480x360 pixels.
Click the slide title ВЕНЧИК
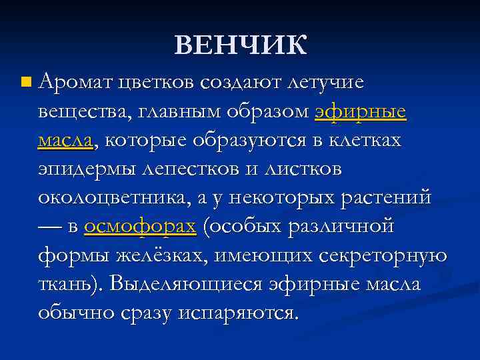(241, 45)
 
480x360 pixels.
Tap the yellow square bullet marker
(25, 83)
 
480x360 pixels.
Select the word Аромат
(74, 82)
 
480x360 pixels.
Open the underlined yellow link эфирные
(360, 111)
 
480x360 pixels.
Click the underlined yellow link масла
(67, 140)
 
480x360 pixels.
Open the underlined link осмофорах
(140, 227)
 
